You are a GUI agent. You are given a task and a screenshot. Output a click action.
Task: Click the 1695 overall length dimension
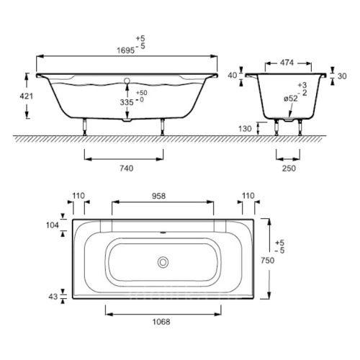pos(125,50)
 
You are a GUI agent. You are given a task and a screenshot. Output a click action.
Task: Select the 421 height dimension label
pos(26,96)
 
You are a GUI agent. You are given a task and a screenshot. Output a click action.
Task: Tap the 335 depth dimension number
pos(127,102)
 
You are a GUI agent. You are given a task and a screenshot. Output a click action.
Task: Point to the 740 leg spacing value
pos(127,168)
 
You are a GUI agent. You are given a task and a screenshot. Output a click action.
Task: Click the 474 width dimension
pos(287,63)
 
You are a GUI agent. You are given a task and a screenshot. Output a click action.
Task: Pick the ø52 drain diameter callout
pos(291,99)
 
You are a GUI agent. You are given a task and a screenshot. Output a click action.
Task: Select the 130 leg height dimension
pos(245,129)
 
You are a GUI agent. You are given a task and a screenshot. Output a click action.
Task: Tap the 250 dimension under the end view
pos(289,168)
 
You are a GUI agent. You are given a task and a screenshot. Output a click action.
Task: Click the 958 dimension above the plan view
pos(158,196)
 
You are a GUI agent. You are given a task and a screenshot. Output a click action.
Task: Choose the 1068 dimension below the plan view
pos(161,322)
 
